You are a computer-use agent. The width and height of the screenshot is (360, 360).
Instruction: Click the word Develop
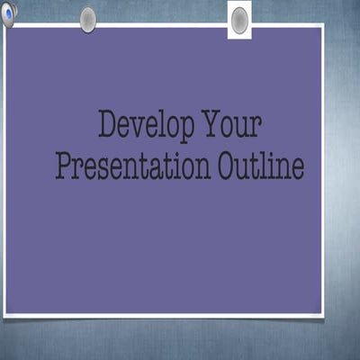pyautogui.click(x=147, y=126)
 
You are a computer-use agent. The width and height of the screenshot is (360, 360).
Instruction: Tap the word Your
pyautogui.click(x=231, y=125)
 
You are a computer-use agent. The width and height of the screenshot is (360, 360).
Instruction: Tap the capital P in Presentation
pyautogui.click(x=64, y=166)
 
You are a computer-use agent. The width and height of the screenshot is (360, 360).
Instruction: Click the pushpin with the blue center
pyautogui.click(x=9, y=13)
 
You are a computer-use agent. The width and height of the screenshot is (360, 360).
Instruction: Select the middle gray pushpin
pyautogui.click(x=87, y=19)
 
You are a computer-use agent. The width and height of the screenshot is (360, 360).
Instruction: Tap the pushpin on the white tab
pyautogui.click(x=239, y=20)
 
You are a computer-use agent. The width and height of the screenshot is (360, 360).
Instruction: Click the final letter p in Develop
pyautogui.click(x=186, y=130)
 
